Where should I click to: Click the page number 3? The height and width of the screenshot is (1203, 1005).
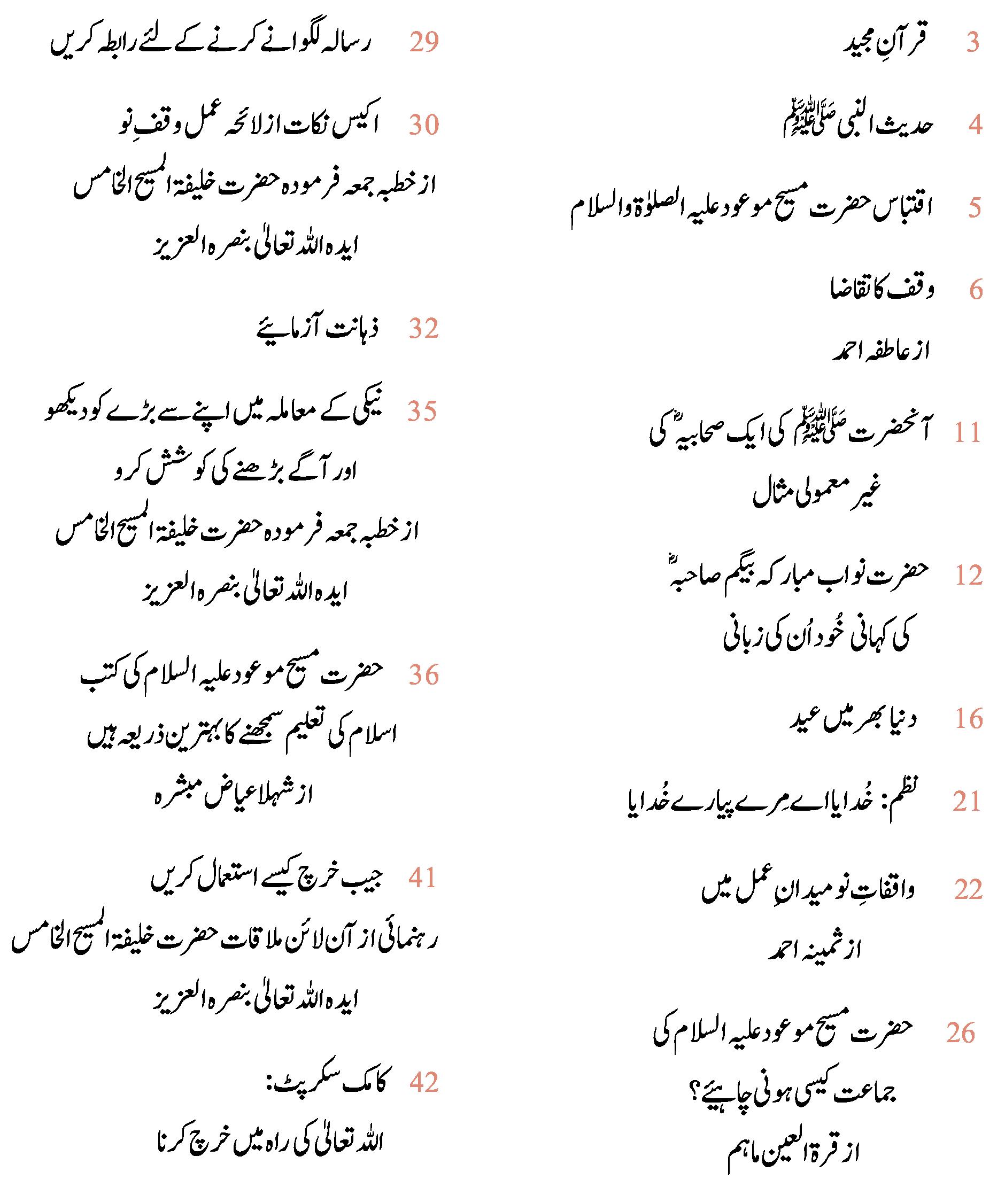[972, 43]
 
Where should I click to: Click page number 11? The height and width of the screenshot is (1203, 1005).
[968, 433]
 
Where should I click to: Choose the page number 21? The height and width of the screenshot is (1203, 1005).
[968, 802]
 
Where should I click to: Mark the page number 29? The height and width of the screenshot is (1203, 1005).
[424, 43]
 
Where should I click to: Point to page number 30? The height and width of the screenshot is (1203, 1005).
[424, 126]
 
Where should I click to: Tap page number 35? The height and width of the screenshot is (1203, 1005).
[422, 412]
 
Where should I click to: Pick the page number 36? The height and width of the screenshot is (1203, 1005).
[424, 676]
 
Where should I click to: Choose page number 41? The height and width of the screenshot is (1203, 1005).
[422, 878]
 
